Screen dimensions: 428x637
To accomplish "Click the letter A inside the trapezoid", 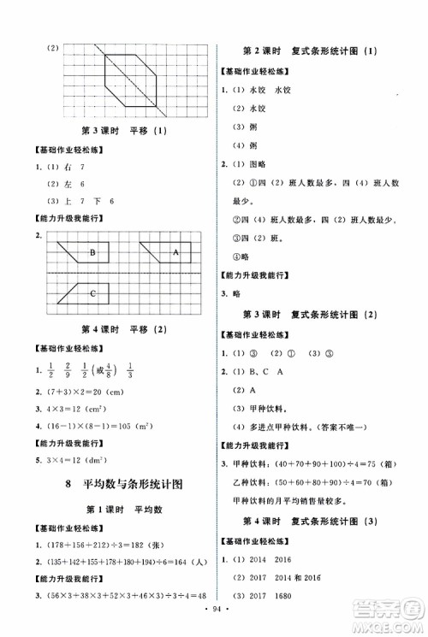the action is click(x=175, y=252).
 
